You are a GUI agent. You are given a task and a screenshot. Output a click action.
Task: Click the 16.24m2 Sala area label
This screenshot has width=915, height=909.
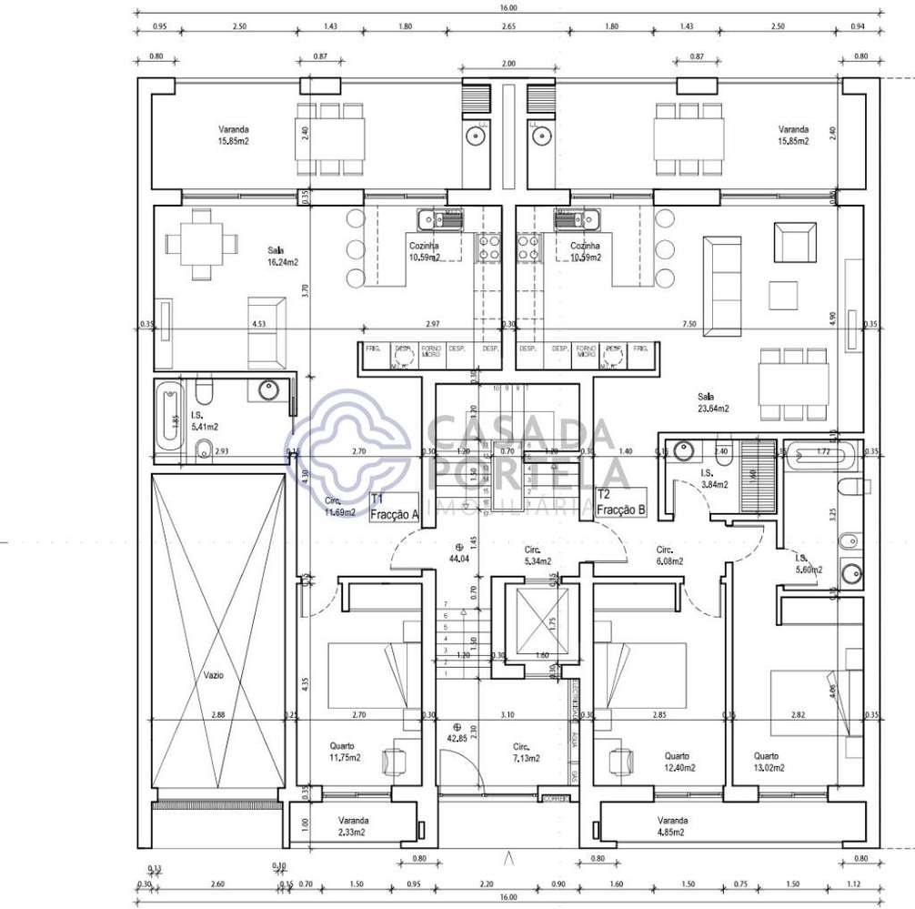(x=282, y=256)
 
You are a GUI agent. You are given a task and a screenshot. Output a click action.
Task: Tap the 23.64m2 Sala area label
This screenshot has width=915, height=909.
(x=713, y=402)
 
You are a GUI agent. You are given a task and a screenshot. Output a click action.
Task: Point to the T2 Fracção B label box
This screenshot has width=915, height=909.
(x=620, y=502)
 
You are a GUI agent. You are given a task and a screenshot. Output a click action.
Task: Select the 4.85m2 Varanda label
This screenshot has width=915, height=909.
(x=673, y=824)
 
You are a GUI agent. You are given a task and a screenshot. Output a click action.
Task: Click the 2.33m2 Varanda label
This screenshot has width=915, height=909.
(x=350, y=825)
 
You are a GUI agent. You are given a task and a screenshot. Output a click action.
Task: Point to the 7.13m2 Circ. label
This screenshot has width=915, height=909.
(x=525, y=752)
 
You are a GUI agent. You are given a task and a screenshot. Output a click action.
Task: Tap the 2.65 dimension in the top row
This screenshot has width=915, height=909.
(x=507, y=27)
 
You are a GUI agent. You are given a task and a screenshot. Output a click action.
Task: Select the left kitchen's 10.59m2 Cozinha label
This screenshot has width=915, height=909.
(x=424, y=251)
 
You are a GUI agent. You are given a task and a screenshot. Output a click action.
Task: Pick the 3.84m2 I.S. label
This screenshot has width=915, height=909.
(x=713, y=480)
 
